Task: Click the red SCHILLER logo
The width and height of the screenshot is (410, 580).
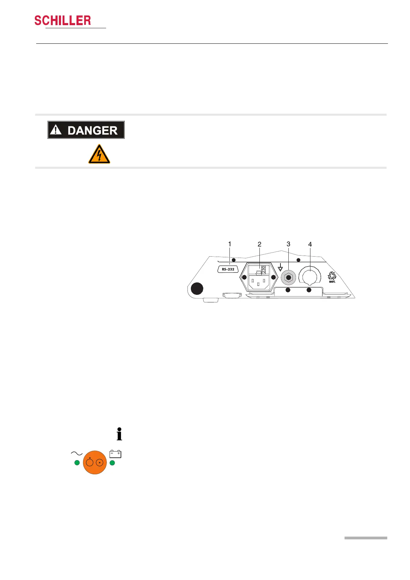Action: [63, 21]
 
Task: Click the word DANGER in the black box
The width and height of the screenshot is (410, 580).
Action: [92, 131]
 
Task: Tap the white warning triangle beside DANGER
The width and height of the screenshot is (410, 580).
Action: [55, 130]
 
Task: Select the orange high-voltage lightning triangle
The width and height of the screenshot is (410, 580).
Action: [99, 155]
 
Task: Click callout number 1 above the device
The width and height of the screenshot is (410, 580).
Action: [230, 244]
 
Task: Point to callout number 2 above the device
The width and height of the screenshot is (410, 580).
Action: [259, 244]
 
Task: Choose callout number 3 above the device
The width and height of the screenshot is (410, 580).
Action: [288, 244]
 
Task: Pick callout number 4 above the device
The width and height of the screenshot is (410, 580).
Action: [310, 244]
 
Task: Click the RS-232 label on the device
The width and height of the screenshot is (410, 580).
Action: [228, 269]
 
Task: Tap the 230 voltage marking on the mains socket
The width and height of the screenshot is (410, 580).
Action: [264, 269]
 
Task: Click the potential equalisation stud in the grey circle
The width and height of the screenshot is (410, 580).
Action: [288, 277]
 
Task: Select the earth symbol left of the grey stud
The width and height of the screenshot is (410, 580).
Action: [280, 267]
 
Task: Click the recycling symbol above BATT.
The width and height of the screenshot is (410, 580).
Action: [332, 275]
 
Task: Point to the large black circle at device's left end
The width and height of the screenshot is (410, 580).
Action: [197, 289]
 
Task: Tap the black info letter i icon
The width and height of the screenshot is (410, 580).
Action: [119, 434]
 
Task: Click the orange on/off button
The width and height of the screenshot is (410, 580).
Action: [95, 463]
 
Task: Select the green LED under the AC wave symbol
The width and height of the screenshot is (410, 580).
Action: [77, 463]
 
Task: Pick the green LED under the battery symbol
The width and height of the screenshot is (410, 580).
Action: [112, 463]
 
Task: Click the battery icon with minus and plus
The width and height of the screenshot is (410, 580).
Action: [115, 454]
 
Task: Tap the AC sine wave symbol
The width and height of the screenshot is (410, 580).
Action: [76, 453]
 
